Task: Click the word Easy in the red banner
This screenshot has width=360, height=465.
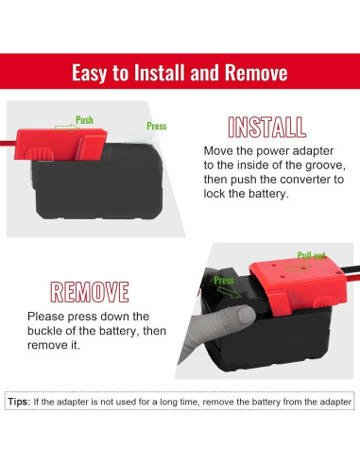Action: pyautogui.click(x=90, y=73)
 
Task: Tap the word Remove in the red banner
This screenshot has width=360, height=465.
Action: pyautogui.click(x=256, y=73)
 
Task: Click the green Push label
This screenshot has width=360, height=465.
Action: pyautogui.click(x=84, y=120)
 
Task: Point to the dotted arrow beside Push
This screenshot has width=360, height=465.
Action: pyautogui.click(x=67, y=128)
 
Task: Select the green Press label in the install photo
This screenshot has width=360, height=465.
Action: pyautogui.click(x=157, y=127)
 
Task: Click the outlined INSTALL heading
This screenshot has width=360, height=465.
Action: pyautogui.click(x=266, y=128)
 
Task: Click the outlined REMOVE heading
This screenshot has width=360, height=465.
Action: pyautogui.click(x=90, y=292)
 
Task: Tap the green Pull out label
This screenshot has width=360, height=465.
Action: pyautogui.click(x=311, y=255)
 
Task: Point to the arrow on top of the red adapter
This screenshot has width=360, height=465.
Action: pyautogui.click(x=299, y=268)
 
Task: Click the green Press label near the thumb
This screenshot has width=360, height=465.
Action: pyautogui.click(x=224, y=281)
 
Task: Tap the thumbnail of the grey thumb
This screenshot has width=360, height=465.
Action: pyautogui.click(x=246, y=316)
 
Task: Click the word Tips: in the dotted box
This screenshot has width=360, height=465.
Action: pyautogui.click(x=19, y=402)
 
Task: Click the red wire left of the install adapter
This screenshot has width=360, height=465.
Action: pyautogui.click(x=8, y=144)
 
